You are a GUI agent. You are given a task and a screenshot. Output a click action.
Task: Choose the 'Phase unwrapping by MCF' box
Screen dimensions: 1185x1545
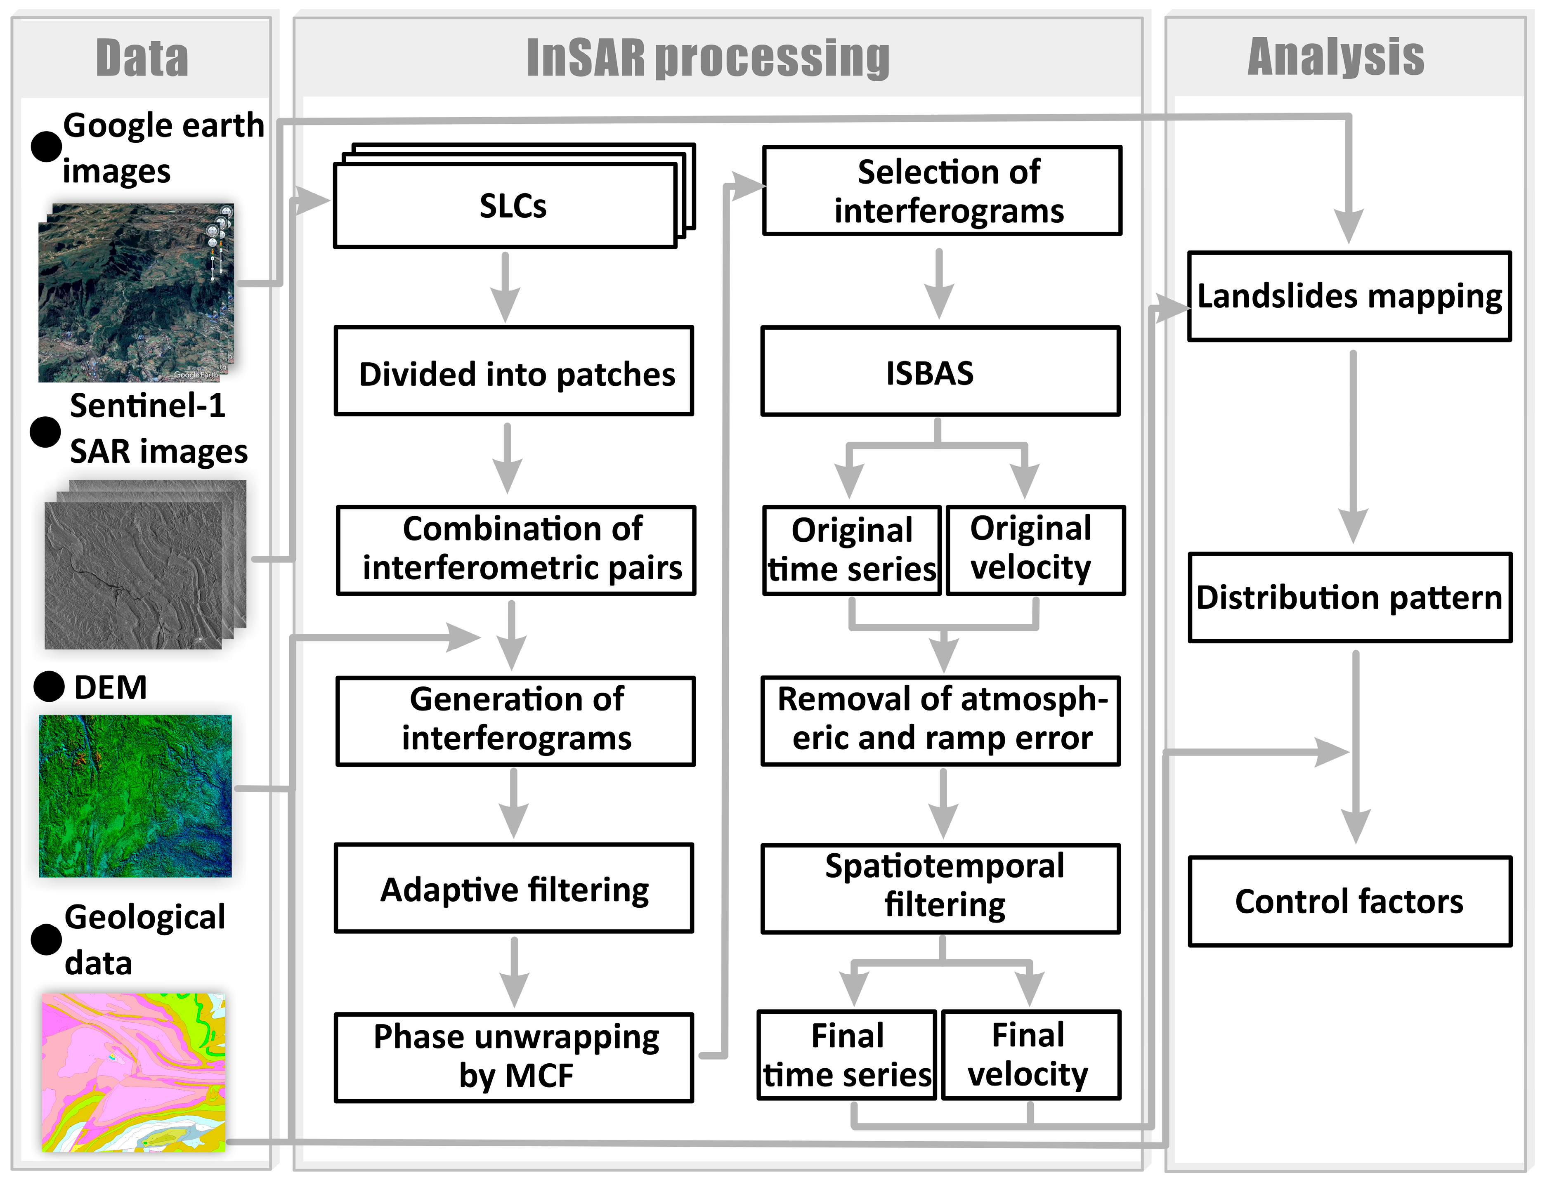pos(514,1057)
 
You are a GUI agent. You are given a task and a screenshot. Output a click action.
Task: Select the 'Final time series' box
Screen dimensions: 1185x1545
pos(847,1055)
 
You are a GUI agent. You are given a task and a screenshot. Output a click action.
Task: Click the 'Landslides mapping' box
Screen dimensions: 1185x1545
pos(1349,296)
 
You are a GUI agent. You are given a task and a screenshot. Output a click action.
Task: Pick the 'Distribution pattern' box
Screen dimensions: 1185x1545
pos(1349,597)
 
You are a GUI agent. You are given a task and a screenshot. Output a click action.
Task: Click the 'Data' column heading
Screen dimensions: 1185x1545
pos(142,58)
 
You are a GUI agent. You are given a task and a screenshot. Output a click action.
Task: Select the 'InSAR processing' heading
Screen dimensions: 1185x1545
pos(708,58)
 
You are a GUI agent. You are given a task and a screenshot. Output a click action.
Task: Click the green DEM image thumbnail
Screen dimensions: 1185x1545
pos(135,796)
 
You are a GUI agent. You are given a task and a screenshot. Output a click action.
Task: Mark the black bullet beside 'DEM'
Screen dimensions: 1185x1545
pos(49,686)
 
